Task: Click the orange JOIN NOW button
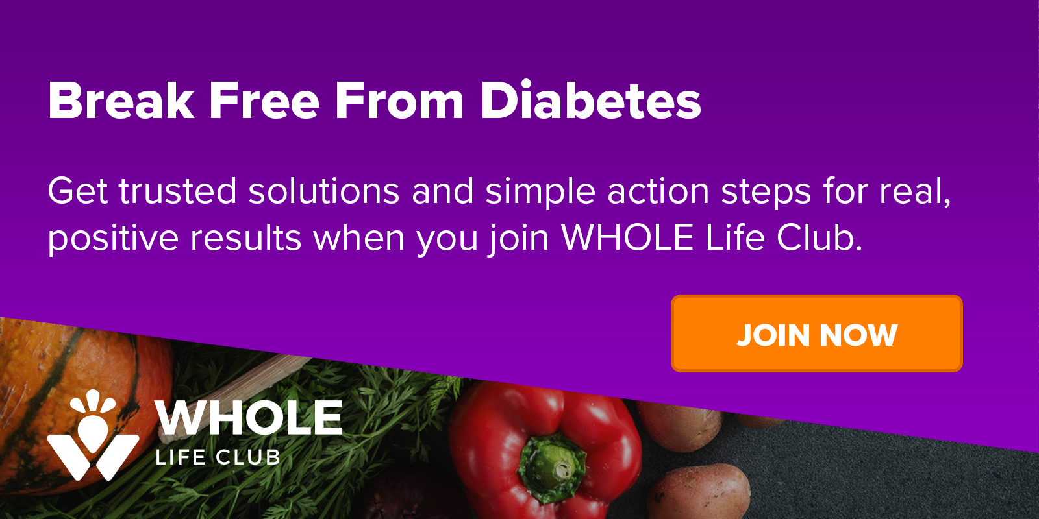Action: (816, 333)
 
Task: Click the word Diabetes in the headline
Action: (590, 101)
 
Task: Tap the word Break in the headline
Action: (121, 101)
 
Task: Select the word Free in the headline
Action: (264, 101)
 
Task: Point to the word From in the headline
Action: (399, 101)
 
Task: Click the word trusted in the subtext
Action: (178, 191)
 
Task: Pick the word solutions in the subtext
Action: (324, 191)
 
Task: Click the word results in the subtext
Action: (246, 238)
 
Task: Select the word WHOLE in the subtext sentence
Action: (627, 237)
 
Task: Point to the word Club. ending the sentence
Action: (820, 237)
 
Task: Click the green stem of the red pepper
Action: (553, 468)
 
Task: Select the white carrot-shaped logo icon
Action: (94, 435)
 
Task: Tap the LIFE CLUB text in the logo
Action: (218, 457)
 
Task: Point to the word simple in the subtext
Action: (540, 192)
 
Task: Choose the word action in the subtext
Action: (658, 191)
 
